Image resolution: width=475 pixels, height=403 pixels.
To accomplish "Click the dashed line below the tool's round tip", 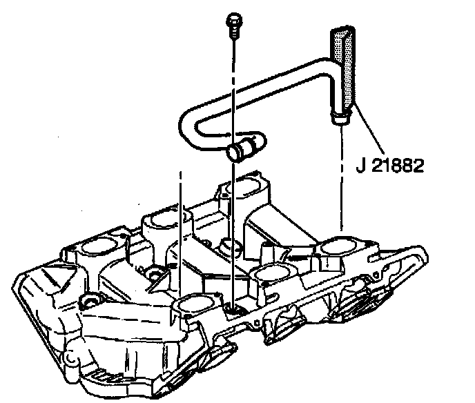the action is click(340, 179).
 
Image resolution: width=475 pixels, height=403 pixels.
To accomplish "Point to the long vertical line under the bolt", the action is click(234, 207).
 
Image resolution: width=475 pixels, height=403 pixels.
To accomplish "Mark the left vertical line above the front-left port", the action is click(182, 235).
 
